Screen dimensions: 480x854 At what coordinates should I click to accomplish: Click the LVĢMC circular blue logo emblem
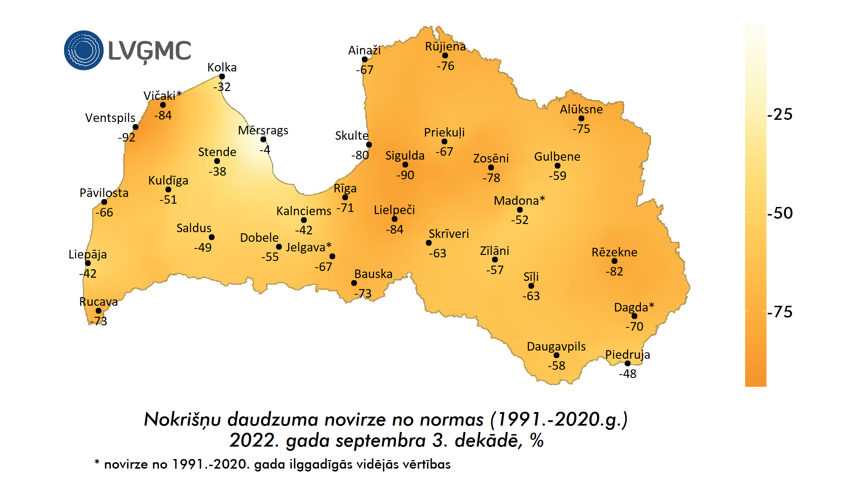[x=84, y=50]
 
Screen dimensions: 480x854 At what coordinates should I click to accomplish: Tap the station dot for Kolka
[x=222, y=76]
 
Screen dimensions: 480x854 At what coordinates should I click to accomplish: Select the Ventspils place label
[x=110, y=118]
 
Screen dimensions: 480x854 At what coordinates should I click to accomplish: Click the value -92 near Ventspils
[x=127, y=137]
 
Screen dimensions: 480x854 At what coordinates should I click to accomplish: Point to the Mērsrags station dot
[x=263, y=139]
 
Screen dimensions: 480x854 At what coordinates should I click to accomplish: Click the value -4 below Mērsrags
[x=265, y=150]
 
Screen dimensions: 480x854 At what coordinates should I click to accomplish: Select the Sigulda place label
[x=405, y=155]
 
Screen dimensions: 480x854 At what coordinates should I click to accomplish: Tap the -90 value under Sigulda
[x=405, y=175]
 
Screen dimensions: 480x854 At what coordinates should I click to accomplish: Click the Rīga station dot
[x=345, y=197]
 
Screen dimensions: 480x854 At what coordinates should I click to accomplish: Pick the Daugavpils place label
[x=556, y=346]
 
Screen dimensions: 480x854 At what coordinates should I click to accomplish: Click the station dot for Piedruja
[x=628, y=363]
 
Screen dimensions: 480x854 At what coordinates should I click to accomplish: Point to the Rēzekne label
[x=615, y=252]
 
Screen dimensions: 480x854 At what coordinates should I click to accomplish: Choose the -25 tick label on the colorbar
[x=780, y=114]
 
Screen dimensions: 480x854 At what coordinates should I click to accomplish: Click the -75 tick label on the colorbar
[x=780, y=312]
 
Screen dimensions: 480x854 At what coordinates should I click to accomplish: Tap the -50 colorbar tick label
[x=780, y=213]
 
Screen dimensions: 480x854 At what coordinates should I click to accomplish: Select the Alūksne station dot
[x=581, y=118]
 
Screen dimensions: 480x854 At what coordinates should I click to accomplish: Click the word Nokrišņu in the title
[x=182, y=419]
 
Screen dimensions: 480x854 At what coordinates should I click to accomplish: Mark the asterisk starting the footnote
[x=97, y=462]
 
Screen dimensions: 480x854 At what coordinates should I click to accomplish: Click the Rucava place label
[x=99, y=302]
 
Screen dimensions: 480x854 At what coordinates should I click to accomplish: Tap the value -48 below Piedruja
[x=628, y=374]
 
